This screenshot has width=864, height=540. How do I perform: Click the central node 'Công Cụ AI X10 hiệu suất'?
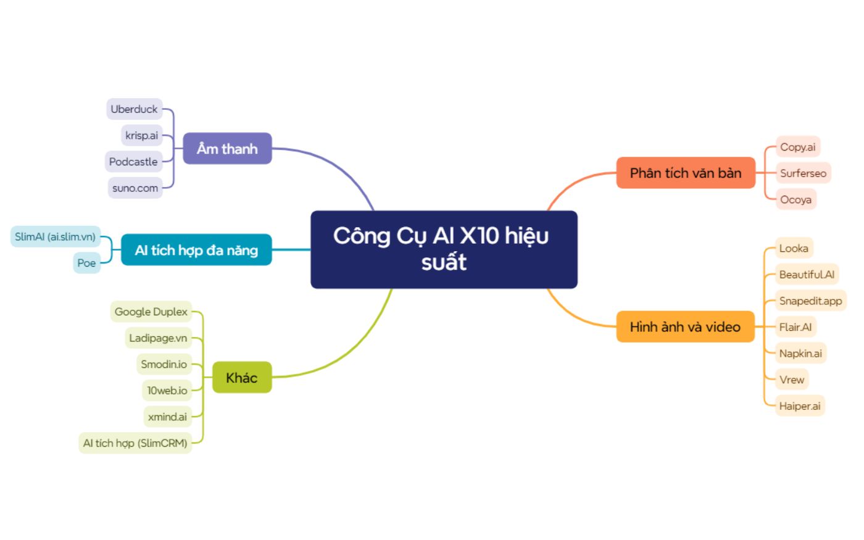pyautogui.click(x=444, y=249)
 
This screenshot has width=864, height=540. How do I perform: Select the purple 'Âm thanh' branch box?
pyautogui.click(x=227, y=149)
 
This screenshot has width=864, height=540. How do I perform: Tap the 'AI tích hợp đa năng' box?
pyautogui.click(x=196, y=250)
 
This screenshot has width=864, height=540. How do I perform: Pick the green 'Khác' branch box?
pyautogui.click(x=242, y=377)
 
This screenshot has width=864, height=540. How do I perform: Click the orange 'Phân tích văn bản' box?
pyautogui.click(x=686, y=173)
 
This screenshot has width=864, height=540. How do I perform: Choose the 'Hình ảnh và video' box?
pyautogui.click(x=686, y=326)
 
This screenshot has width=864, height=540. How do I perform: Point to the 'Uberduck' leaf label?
pyautogui.click(x=135, y=109)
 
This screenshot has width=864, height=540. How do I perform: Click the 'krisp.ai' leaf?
pyautogui.click(x=141, y=135)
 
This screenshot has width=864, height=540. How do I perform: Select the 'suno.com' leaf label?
pyautogui.click(x=135, y=188)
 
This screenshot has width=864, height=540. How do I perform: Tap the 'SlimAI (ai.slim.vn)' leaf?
pyautogui.click(x=55, y=236)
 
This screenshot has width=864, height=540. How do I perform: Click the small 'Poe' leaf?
pyautogui.click(x=86, y=263)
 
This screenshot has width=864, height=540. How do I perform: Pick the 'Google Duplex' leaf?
pyautogui.click(x=151, y=311)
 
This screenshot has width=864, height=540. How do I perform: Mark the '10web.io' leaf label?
pyautogui.click(x=167, y=390)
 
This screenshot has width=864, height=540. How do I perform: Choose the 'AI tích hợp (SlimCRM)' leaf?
pyautogui.click(x=135, y=443)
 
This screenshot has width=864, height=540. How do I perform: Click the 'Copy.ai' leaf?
pyautogui.click(x=797, y=147)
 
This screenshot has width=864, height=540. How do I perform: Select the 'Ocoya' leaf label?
pyautogui.click(x=795, y=199)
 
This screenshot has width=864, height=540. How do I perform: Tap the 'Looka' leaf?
pyautogui.click(x=794, y=248)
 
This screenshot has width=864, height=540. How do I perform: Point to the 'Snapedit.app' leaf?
pyautogui.click(x=810, y=301)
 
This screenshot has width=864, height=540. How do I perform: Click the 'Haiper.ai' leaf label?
pyautogui.click(x=800, y=406)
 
